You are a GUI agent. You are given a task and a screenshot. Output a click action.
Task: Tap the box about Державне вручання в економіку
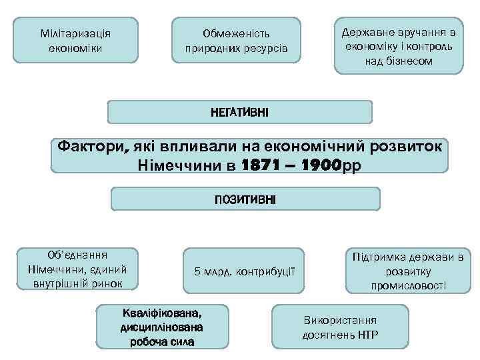pyautogui.click(x=398, y=46)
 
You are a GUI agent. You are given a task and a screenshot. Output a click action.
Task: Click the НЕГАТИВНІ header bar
pyautogui.click(x=240, y=112)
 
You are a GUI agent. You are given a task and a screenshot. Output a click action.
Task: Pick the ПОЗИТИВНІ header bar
pyautogui.click(x=245, y=199)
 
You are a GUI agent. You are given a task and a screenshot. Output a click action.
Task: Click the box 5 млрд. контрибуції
pyautogui.click(x=243, y=271)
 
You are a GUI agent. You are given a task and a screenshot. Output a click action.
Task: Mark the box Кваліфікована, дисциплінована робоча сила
pyautogui.click(x=162, y=327)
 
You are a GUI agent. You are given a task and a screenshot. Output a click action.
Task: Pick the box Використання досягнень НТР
pyautogui.click(x=340, y=327)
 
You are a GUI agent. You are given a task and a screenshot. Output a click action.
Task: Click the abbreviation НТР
pyautogui.click(x=367, y=334)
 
